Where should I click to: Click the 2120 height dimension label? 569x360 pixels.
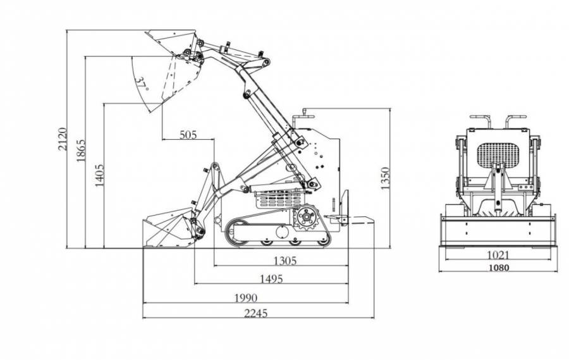pyautogui.click(x=63, y=139)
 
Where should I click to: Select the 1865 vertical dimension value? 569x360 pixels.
pyautogui.click(x=81, y=151)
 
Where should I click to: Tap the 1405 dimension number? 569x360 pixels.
pyautogui.click(x=99, y=175)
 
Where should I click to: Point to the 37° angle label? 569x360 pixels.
pyautogui.click(x=141, y=84)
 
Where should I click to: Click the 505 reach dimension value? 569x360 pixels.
pyautogui.click(x=188, y=135)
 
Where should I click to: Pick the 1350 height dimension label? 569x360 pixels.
pyautogui.click(x=385, y=178)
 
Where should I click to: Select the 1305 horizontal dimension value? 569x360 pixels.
pyautogui.click(x=285, y=261)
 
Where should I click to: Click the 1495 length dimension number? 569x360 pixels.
pyautogui.click(x=271, y=279)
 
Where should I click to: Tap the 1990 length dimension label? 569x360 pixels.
pyautogui.click(x=246, y=298)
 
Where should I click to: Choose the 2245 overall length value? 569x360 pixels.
pyautogui.click(x=256, y=313)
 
